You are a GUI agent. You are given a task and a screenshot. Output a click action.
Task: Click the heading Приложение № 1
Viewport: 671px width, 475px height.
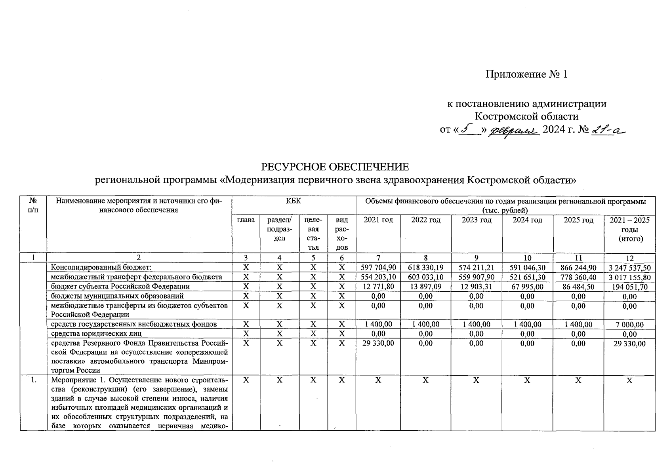pos(526,74)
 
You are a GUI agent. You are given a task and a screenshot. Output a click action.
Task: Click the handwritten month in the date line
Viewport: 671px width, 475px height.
pos(515,130)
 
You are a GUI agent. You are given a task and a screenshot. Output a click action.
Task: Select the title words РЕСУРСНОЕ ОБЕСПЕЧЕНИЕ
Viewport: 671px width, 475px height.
pos(335,166)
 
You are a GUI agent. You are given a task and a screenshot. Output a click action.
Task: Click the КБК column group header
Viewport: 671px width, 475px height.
pos(294,201)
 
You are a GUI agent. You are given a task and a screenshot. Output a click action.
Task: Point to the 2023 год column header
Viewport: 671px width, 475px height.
pos(476,220)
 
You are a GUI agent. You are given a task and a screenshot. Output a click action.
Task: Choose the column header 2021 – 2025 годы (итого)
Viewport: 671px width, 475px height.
pos(629,229)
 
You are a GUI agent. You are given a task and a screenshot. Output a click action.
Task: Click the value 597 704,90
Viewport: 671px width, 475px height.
pos(378,268)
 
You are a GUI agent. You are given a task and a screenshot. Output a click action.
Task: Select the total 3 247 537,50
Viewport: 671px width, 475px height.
pos(629,268)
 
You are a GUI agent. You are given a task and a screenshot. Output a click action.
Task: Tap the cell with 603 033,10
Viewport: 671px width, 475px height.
pos(425,277)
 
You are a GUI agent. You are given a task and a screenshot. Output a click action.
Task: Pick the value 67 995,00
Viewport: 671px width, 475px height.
pos(527,287)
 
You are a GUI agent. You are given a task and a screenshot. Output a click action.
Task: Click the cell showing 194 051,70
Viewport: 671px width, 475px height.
pos(629,287)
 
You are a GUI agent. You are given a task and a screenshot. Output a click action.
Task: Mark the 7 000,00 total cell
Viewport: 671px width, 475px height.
pos(629,325)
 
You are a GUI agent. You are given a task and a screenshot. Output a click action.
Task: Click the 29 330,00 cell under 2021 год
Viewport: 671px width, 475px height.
pos(378,343)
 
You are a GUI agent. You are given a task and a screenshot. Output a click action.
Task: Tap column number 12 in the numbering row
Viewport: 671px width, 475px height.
pos(629,258)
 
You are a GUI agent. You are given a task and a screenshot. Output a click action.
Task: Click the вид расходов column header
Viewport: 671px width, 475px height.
pos(341,234)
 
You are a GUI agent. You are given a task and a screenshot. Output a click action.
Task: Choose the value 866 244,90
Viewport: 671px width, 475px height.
pos(578,268)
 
